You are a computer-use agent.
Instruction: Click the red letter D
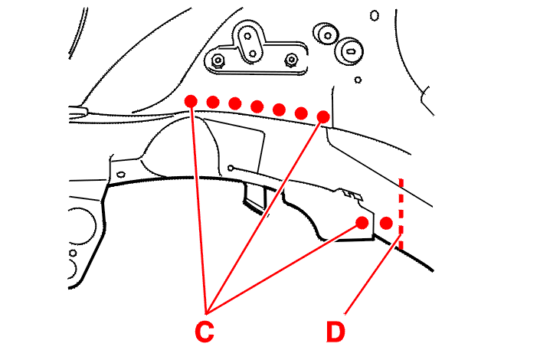point(335,332)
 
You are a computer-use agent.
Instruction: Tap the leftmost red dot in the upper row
point(191,100)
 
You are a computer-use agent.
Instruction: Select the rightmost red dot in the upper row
point(323,116)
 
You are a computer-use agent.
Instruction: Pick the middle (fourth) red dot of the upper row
point(257,106)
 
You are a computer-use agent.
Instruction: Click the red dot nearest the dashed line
point(387,223)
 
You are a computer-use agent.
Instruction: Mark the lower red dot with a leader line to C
point(362,223)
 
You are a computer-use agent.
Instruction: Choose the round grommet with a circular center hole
point(326,33)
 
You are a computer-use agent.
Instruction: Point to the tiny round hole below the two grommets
point(358,79)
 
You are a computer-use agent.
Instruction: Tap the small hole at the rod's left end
point(231,167)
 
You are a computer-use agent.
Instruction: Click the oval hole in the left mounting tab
point(121,174)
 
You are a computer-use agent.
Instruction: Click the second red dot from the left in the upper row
point(213,101)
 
